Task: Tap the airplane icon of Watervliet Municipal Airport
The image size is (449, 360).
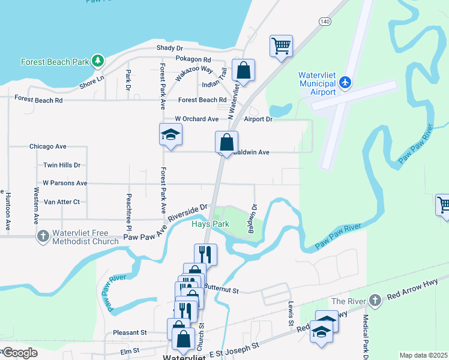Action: [x=345, y=82]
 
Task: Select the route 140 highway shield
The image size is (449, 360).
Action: [x=325, y=21]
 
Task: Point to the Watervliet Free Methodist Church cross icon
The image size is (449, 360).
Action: [x=43, y=236]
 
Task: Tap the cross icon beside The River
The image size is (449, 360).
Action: [x=375, y=300]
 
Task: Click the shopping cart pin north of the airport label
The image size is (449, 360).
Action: [x=280, y=46]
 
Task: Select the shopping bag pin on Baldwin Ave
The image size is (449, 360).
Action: [x=226, y=143]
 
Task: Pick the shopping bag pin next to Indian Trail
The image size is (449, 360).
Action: [x=243, y=70]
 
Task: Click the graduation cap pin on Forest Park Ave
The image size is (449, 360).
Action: [x=170, y=134]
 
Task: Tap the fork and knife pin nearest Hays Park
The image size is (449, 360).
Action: [x=205, y=254]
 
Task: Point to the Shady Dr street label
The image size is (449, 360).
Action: [x=169, y=47]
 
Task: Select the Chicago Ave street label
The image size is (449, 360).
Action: [x=47, y=146]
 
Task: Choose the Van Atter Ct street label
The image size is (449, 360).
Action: [x=62, y=202]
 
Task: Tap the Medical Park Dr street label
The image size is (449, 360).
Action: [x=365, y=333]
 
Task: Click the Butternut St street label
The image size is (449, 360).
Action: [x=221, y=290]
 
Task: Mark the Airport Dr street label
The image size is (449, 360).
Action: [x=258, y=119]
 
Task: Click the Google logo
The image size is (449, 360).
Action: [x=19, y=352]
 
